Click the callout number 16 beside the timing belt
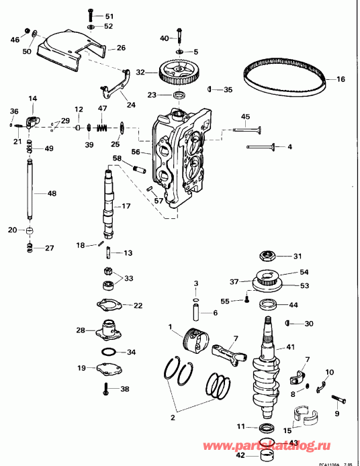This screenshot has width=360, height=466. tap(340, 79)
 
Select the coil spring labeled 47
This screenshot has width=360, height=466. tap(102, 126)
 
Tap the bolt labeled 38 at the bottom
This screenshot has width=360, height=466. tap(106, 387)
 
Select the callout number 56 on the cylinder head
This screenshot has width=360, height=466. tap(136, 152)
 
